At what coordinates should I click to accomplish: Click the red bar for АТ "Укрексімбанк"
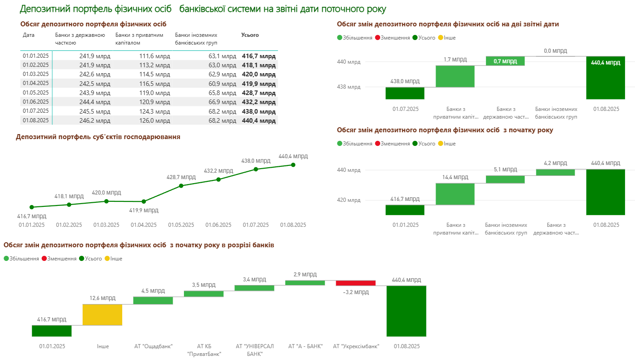(x=356, y=283)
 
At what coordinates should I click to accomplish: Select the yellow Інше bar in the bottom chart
(x=102, y=315)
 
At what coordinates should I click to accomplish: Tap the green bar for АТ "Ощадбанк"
(x=153, y=300)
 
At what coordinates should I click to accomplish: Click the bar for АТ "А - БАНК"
(x=305, y=282)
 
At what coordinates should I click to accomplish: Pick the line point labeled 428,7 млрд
(x=181, y=185)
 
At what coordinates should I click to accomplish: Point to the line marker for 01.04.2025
(x=144, y=201)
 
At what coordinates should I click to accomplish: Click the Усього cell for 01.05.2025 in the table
(x=258, y=92)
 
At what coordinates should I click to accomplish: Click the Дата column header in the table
(x=29, y=35)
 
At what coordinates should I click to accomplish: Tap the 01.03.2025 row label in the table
(x=35, y=74)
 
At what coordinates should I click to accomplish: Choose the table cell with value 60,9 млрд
(x=223, y=84)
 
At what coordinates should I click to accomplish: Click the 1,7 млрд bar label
(x=455, y=60)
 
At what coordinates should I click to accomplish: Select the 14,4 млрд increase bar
(x=455, y=194)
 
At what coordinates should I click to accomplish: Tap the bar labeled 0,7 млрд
(x=505, y=61)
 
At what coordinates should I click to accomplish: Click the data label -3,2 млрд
(x=356, y=292)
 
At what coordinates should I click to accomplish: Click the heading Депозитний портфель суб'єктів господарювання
(x=98, y=137)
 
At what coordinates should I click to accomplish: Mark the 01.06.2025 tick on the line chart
(x=218, y=225)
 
